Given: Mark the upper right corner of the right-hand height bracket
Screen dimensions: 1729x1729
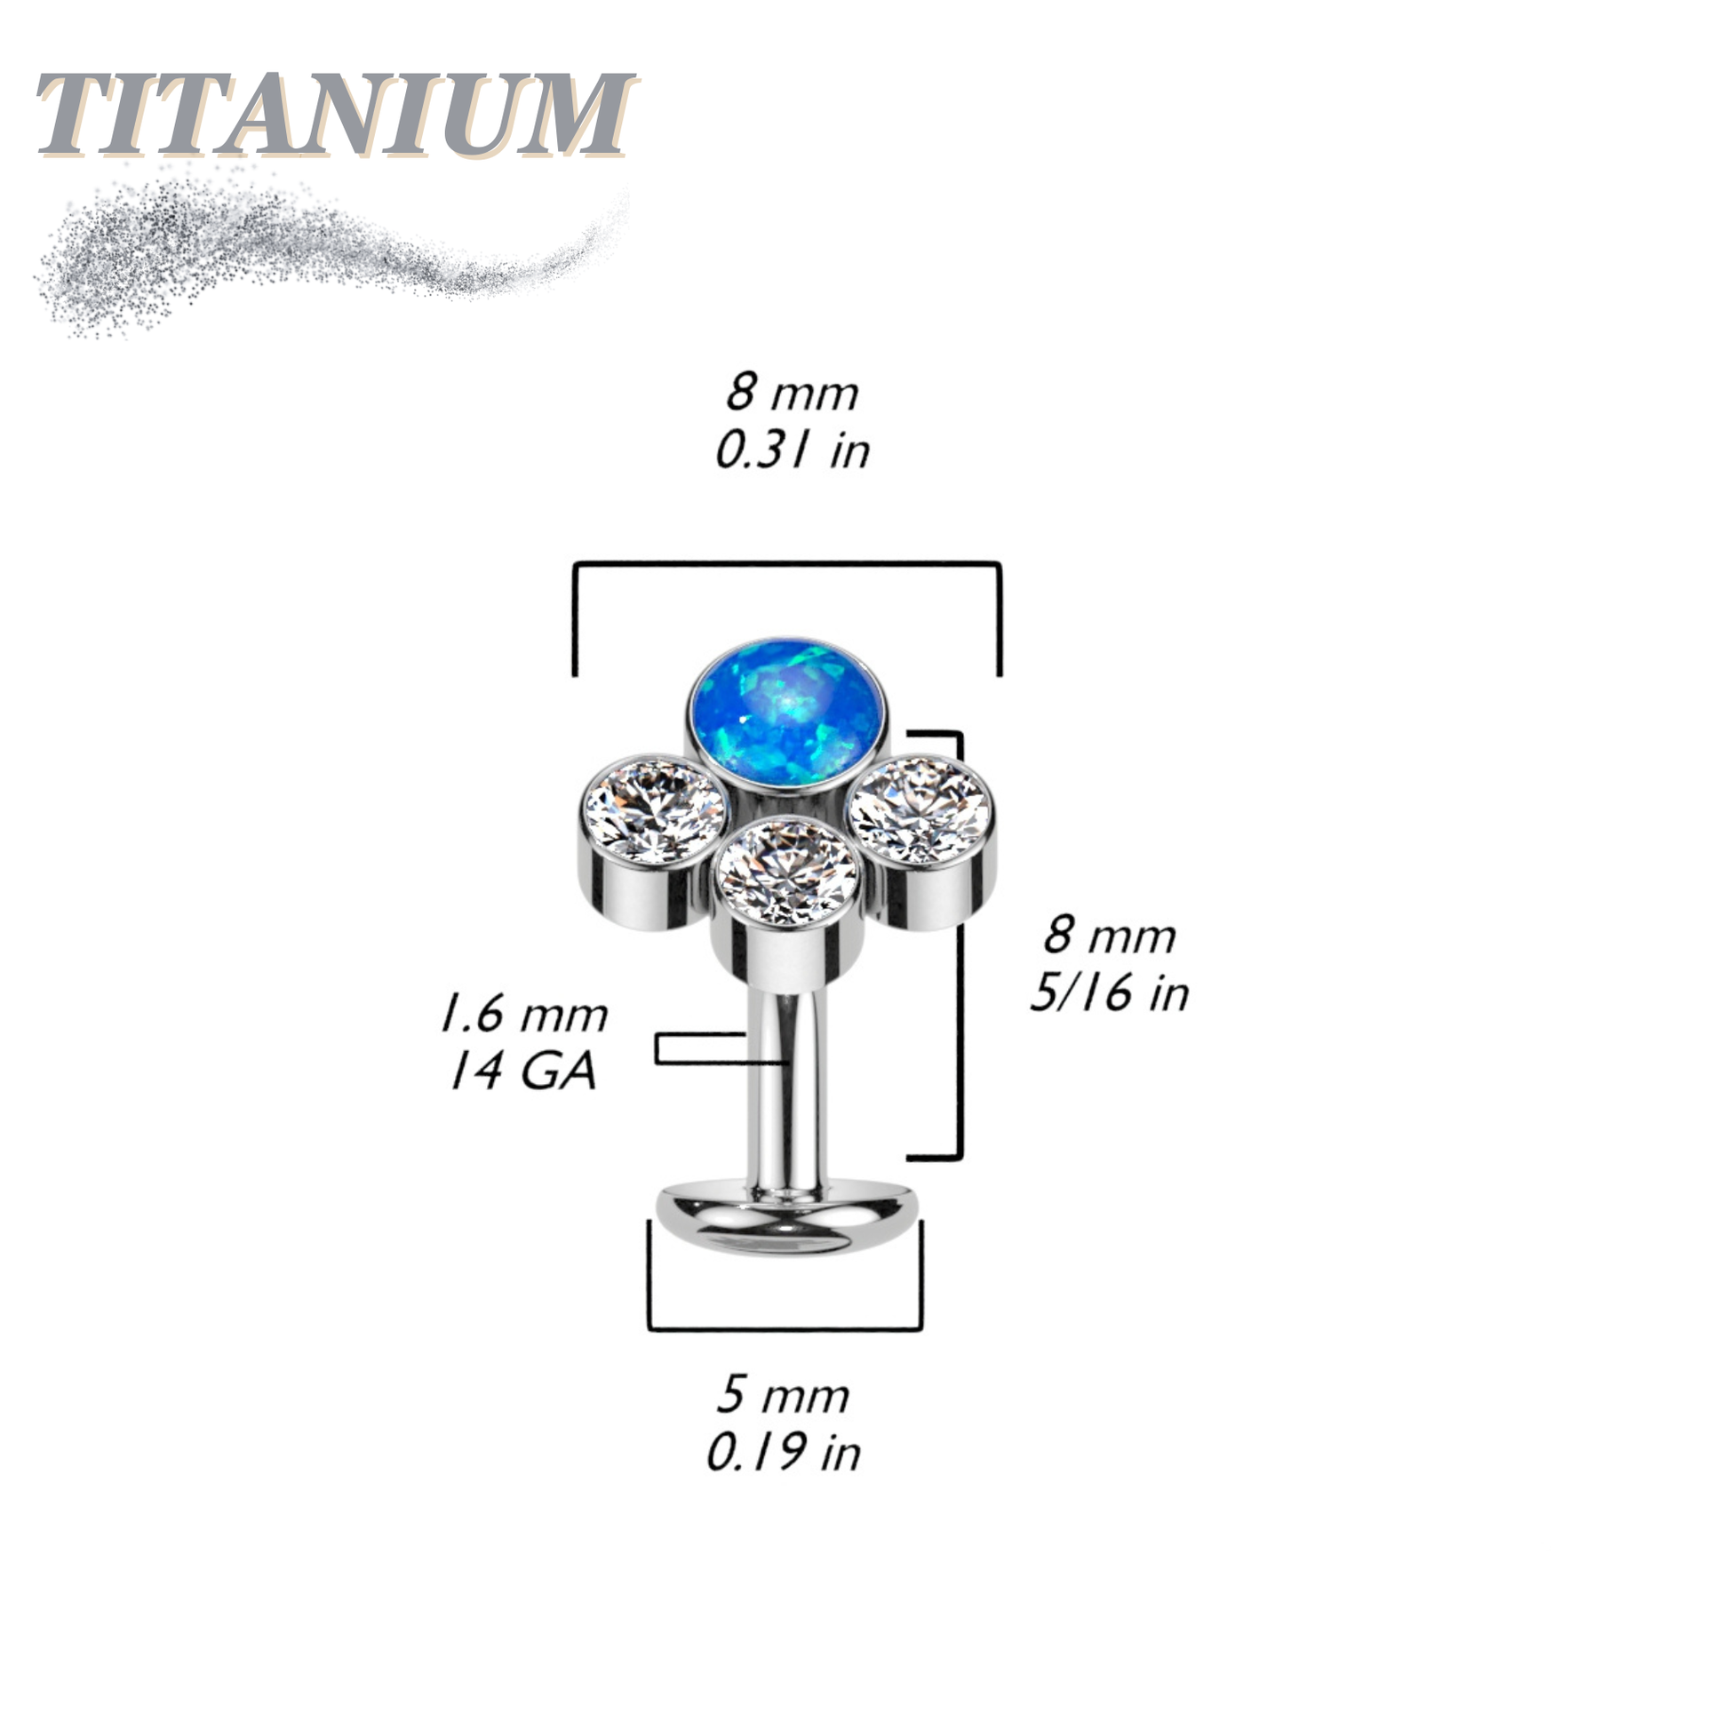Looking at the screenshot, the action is (x=960, y=734).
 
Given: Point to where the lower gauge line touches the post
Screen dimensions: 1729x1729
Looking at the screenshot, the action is (x=785, y=1064).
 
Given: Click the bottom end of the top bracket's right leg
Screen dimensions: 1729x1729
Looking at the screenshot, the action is (x=999, y=675).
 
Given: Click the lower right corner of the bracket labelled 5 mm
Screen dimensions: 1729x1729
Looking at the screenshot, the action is (x=920, y=1328).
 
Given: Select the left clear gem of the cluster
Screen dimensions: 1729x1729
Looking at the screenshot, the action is (x=653, y=813).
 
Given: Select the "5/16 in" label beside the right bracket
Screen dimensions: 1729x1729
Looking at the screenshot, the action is (x=1110, y=992).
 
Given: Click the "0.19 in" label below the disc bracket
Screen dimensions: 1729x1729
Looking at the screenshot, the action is (x=784, y=1452).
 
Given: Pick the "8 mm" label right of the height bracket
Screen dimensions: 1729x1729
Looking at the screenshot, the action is (x=1110, y=936).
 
